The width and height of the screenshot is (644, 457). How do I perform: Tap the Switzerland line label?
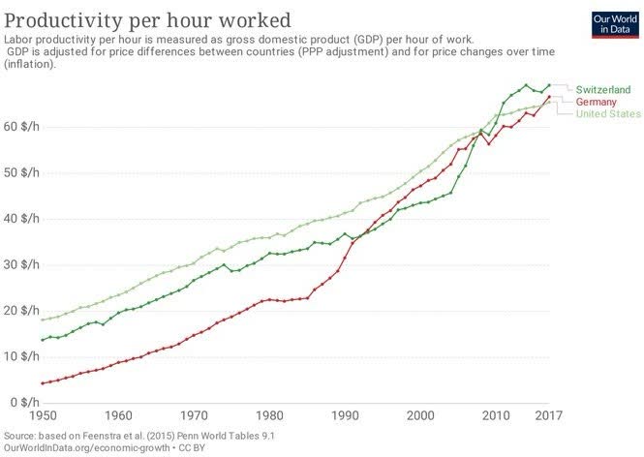pos(603,89)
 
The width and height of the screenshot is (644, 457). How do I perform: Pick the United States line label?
pos(608,113)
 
